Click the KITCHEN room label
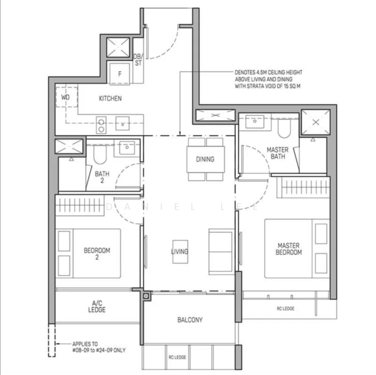[110, 99]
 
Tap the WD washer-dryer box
[66, 97]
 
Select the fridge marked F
[119, 73]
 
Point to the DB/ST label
[138, 59]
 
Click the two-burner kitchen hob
[101, 125]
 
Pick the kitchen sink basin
[123, 123]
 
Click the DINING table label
[205, 159]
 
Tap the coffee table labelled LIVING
[180, 252]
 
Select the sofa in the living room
[221, 251]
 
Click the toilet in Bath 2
[99, 154]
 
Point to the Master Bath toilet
[284, 128]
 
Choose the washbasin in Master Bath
[255, 122]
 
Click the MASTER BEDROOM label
[288, 249]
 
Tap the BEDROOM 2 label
[97, 254]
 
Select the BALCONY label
[190, 320]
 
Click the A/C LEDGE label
[96, 306]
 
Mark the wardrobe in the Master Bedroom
[303, 187]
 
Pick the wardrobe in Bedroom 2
[80, 206]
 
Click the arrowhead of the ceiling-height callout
[180, 134]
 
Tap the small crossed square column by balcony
[146, 296]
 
